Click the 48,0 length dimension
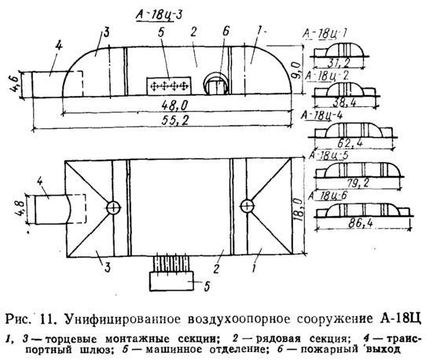tap(174, 105)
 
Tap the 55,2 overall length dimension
tap(175, 120)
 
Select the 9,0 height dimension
tap(296, 70)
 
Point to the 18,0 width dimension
tap(298, 208)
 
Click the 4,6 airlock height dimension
tap(16, 84)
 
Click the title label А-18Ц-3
tap(159, 15)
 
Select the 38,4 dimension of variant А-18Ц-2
tap(343, 103)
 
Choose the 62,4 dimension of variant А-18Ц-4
tap(350, 143)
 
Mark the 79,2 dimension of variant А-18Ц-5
tap(357, 183)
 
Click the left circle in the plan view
tap(113, 208)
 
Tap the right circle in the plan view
tap(247, 206)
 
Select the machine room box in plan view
tap(171, 281)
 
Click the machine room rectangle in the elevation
tap(169, 86)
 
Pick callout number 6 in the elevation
tap(226, 31)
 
